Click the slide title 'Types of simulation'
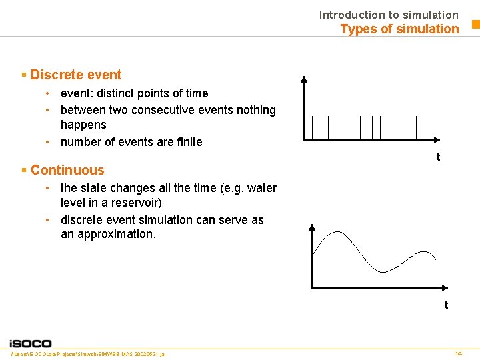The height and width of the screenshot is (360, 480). click(x=399, y=29)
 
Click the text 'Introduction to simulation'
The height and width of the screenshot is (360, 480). click(x=389, y=14)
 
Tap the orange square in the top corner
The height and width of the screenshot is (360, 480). click(x=475, y=25)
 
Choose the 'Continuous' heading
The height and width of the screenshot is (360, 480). click(x=67, y=170)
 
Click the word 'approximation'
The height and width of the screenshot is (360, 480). click(x=117, y=234)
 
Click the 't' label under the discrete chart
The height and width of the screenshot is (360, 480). click(x=437, y=157)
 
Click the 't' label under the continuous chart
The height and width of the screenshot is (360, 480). click(x=446, y=305)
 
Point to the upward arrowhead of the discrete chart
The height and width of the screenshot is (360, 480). click(x=304, y=79)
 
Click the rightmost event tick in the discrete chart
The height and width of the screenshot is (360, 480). click(x=416, y=127)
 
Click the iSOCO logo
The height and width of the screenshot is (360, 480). click(x=30, y=343)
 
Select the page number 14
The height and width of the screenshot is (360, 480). click(x=458, y=353)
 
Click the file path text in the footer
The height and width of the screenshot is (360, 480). click(x=89, y=353)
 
